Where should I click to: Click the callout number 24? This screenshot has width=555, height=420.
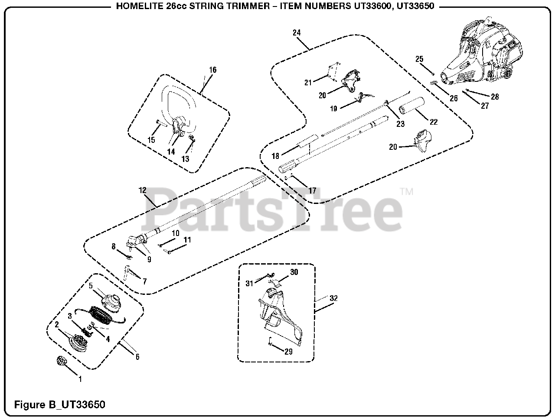tap(297, 33)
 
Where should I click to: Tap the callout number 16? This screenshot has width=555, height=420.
tap(212, 70)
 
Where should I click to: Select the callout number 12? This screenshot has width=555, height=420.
tap(143, 191)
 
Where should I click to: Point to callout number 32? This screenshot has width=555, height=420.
tap(333, 298)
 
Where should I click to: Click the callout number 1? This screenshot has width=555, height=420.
tap(80, 379)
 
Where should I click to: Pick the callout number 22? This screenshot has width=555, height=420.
tap(434, 122)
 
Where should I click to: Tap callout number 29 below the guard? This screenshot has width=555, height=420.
tap(288, 352)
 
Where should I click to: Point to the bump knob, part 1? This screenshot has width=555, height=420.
tap(61, 361)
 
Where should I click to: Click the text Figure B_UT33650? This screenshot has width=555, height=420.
tap(60, 405)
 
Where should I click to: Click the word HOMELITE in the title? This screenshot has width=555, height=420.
tap(133, 6)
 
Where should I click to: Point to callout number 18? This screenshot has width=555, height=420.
tap(275, 156)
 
